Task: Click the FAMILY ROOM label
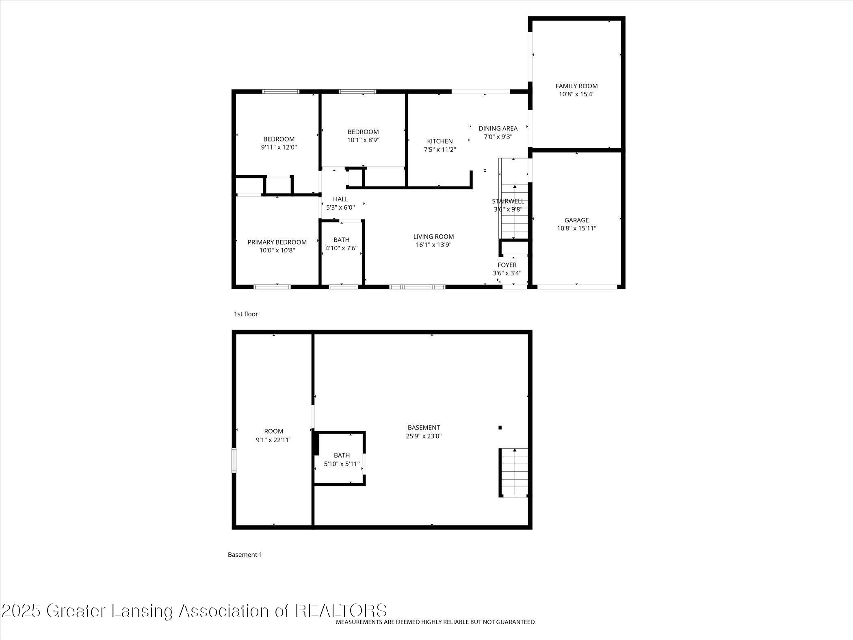(x=576, y=86)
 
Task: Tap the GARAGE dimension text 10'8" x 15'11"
(x=576, y=228)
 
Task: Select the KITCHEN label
(x=439, y=141)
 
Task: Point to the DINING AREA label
(x=498, y=128)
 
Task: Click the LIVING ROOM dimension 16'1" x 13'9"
(x=433, y=245)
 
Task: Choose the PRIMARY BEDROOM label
(x=277, y=242)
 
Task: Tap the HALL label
(x=340, y=199)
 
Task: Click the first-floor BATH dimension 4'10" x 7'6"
(x=341, y=248)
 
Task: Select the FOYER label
(x=507, y=265)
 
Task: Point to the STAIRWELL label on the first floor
(x=508, y=201)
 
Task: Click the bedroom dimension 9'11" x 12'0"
(x=279, y=147)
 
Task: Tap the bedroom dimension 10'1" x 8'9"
(x=363, y=140)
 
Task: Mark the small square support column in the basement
(x=500, y=427)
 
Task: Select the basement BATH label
(x=342, y=456)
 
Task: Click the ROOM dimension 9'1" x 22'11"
(x=273, y=440)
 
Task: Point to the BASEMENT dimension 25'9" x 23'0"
(x=424, y=436)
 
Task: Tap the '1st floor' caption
(x=246, y=314)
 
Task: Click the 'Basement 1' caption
(x=245, y=555)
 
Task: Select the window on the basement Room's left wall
(x=234, y=460)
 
